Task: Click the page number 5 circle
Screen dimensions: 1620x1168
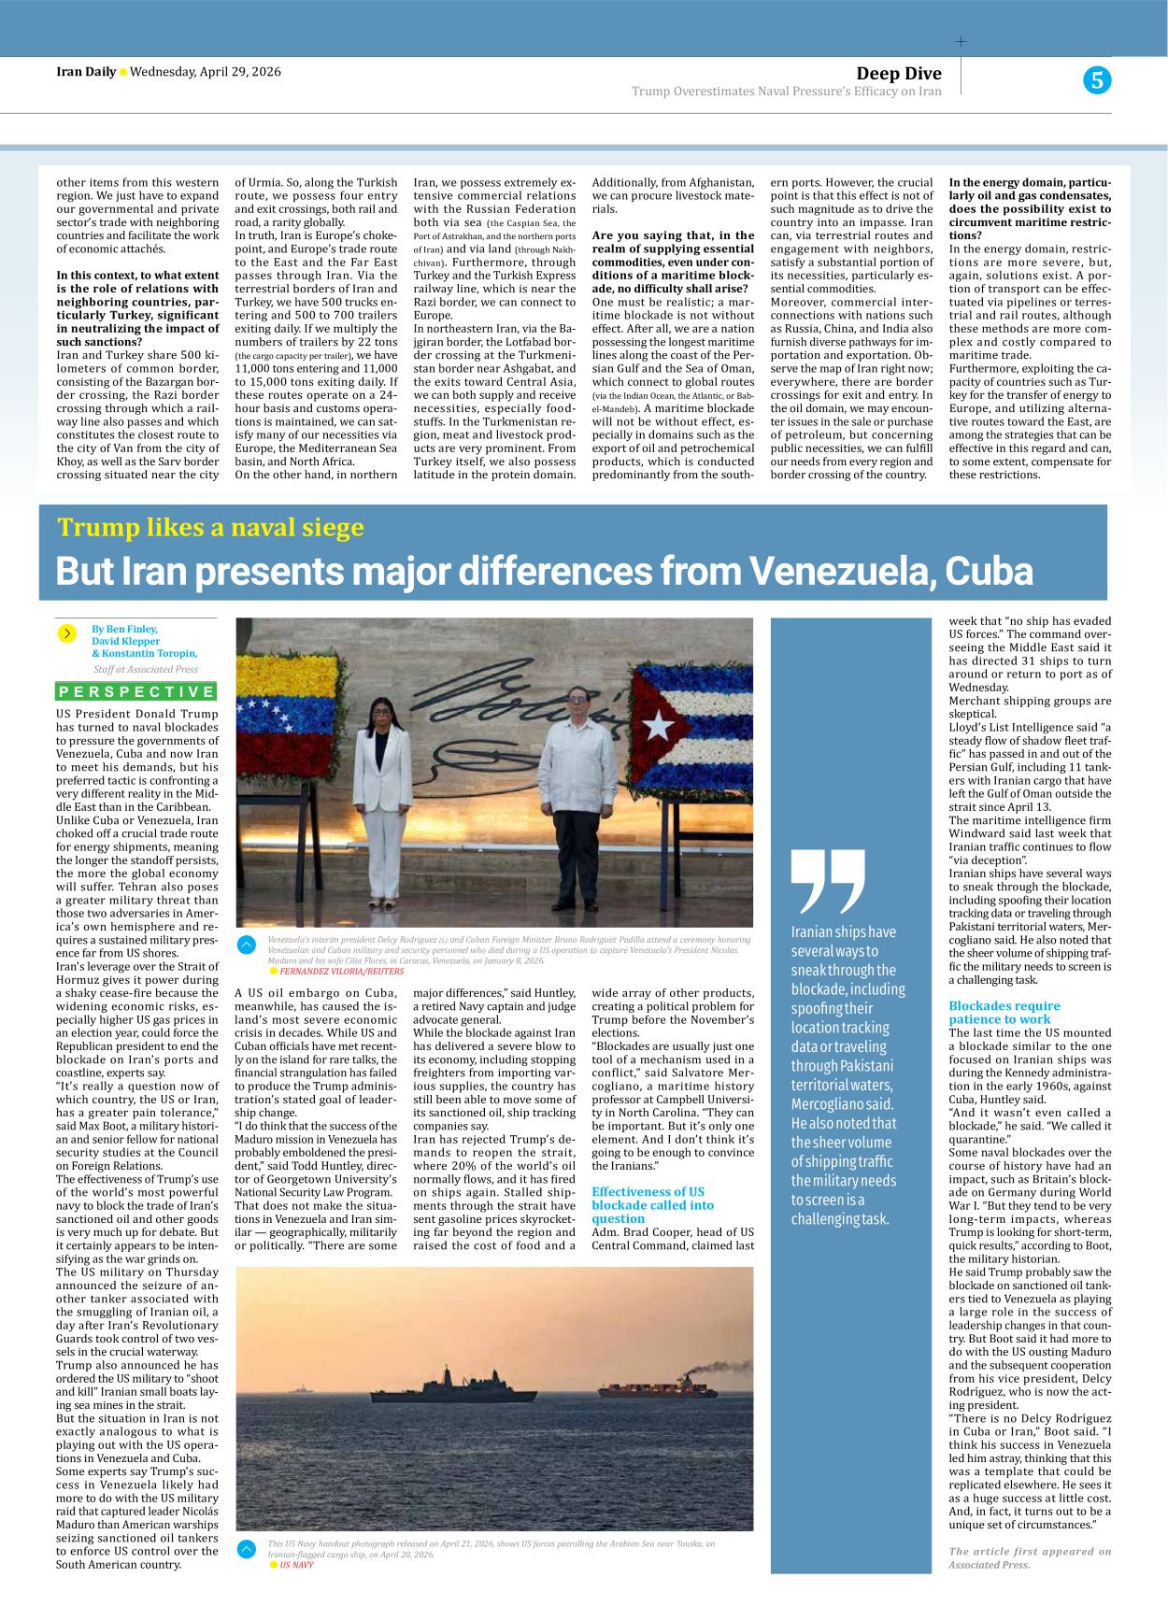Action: (x=1097, y=80)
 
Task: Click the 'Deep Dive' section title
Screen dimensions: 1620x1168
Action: (x=898, y=74)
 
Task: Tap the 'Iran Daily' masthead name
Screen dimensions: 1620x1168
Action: (x=86, y=72)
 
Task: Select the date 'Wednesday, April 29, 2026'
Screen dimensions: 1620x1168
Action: (x=205, y=72)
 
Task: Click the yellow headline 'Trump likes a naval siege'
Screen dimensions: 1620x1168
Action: (x=210, y=528)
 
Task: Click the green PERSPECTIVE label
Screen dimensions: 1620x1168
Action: (x=136, y=691)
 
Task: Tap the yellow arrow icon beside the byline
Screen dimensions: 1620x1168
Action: (x=66, y=633)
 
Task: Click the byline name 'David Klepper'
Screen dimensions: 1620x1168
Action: (x=126, y=641)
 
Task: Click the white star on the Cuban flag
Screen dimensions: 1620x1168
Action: (x=660, y=725)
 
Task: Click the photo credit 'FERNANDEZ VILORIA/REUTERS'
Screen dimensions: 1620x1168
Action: (x=341, y=972)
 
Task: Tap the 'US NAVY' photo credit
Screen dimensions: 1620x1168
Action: (x=296, y=1565)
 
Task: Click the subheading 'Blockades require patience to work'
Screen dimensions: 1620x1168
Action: (x=1004, y=1013)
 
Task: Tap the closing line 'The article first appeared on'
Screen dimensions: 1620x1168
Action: (x=1030, y=1551)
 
